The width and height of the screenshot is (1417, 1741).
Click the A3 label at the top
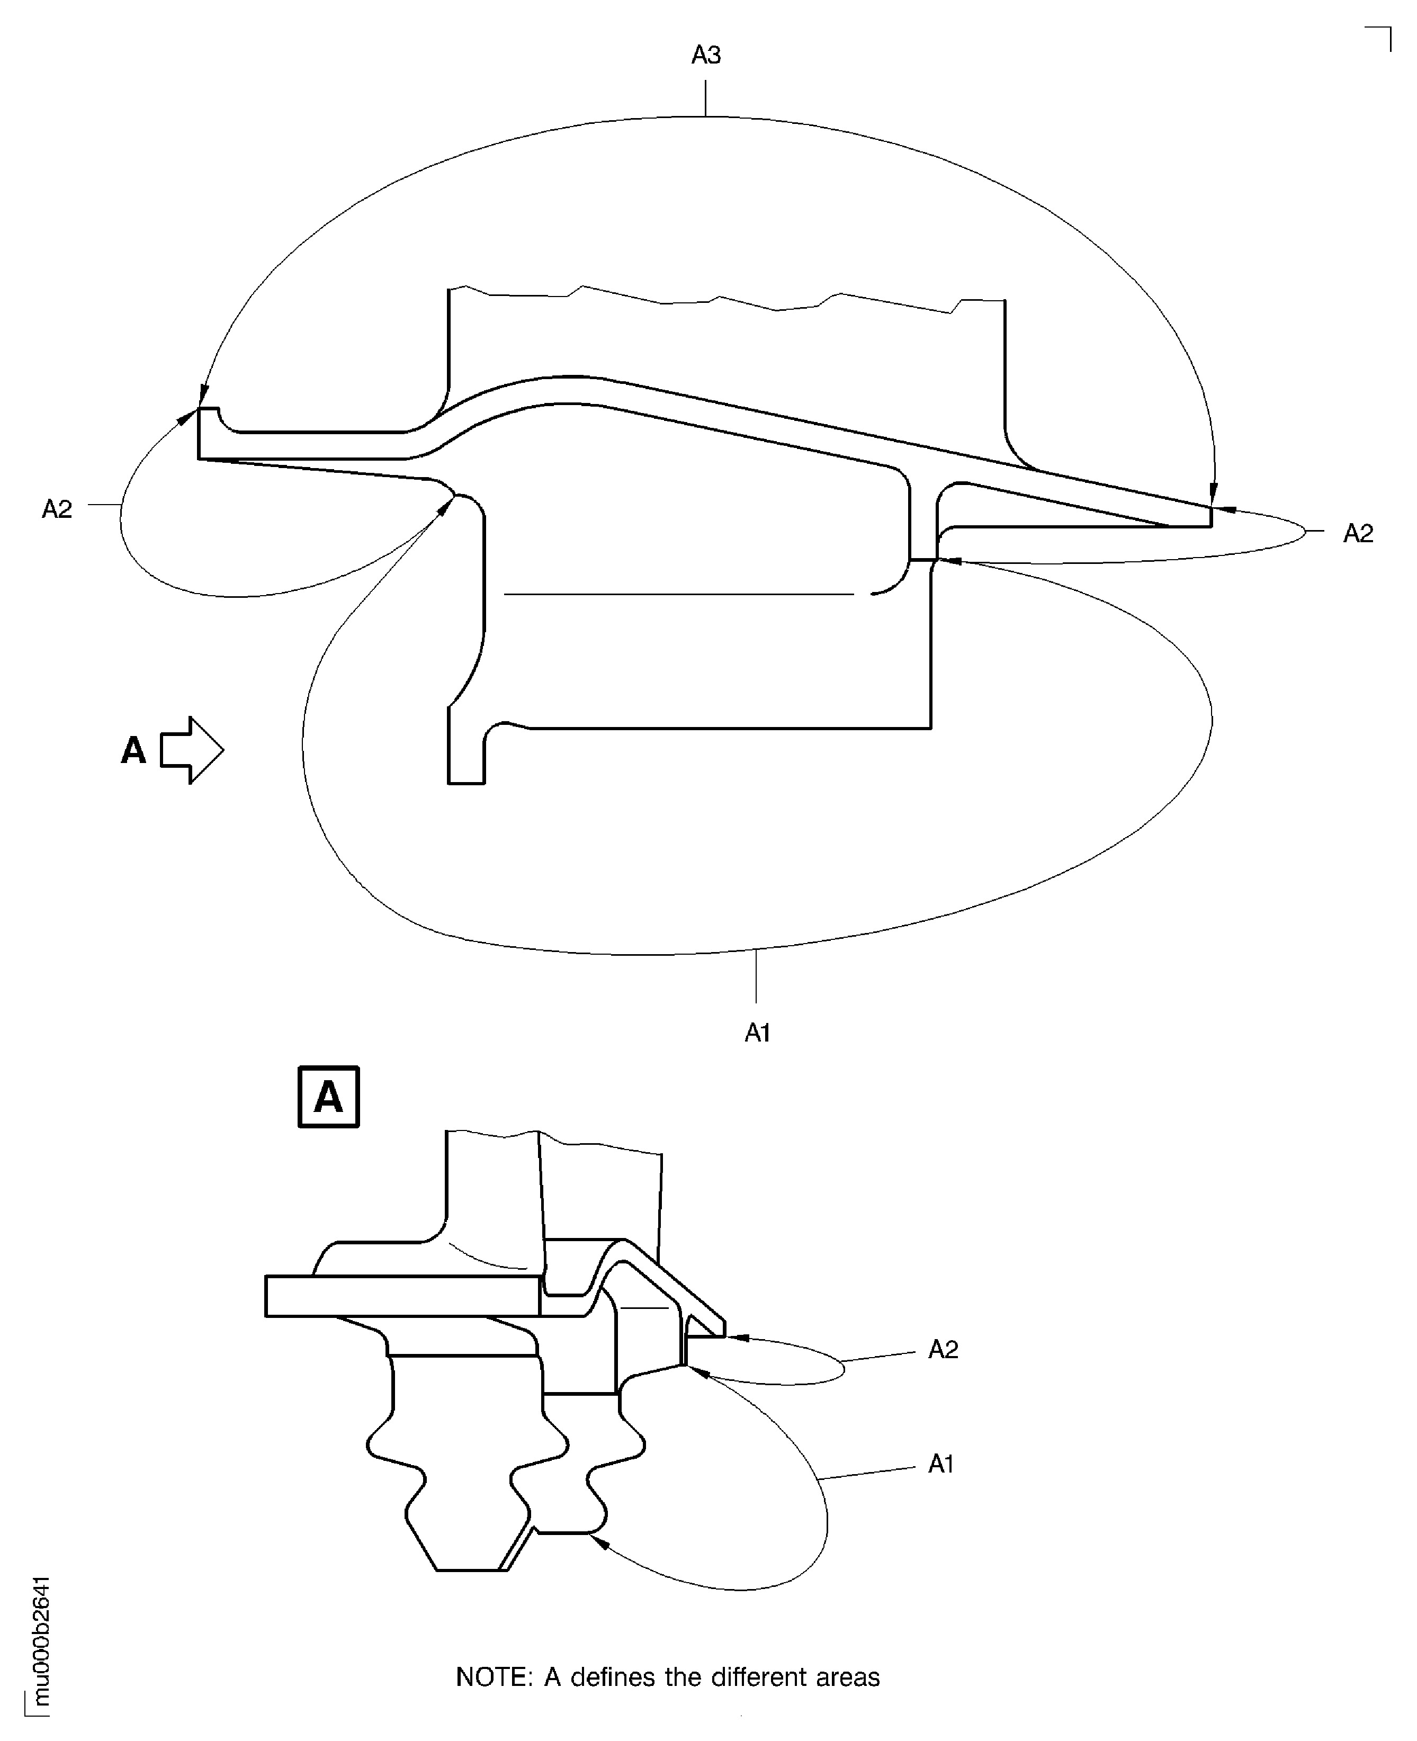[x=706, y=56]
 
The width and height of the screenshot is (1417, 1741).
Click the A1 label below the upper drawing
[x=757, y=1034]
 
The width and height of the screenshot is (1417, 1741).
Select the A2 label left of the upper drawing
[x=57, y=509]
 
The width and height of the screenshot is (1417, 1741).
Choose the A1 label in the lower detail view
[x=941, y=1464]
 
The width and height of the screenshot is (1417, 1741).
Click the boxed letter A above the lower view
[x=328, y=1097]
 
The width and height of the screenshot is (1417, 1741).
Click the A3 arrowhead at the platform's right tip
[x=1213, y=495]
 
